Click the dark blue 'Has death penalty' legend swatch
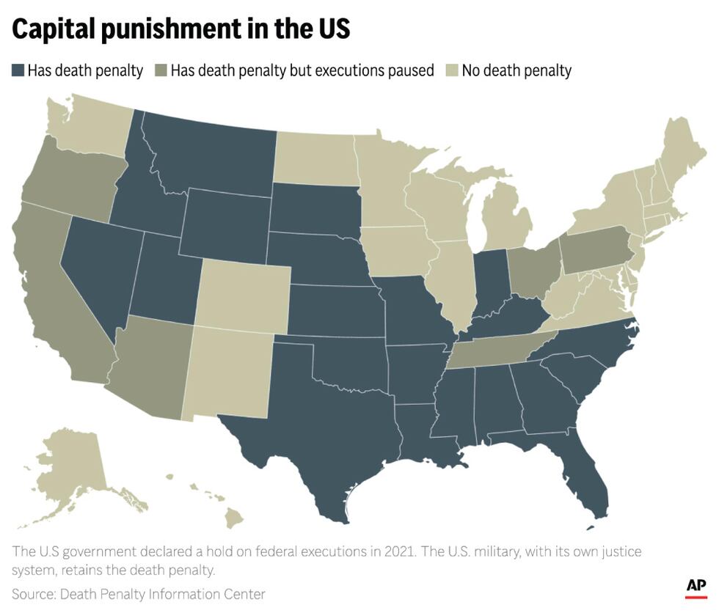pos(18,71)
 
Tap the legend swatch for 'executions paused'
pos(161,71)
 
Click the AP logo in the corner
pos(696,587)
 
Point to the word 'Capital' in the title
pos(59,29)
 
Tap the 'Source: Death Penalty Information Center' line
pos(139,593)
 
